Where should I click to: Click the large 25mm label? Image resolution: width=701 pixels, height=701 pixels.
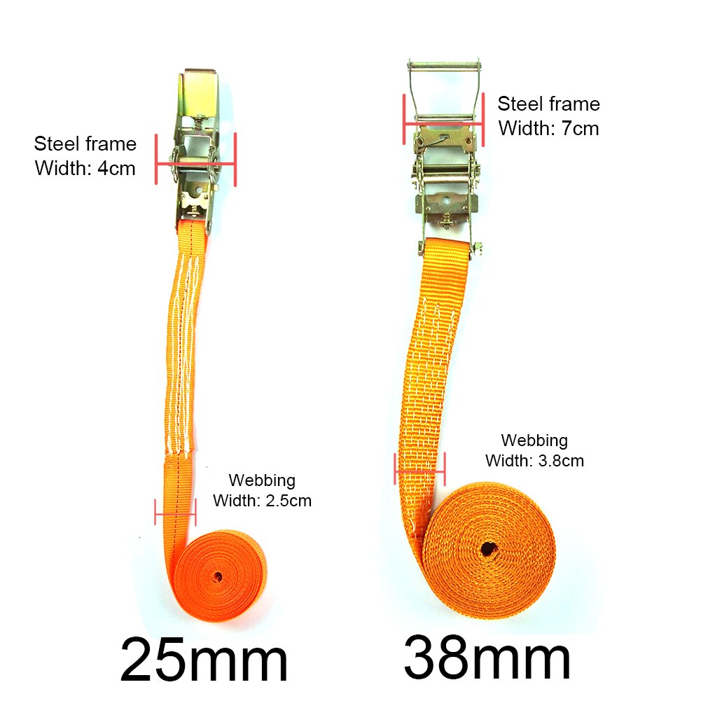[x=204, y=660]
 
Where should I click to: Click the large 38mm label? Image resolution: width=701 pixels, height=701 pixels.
[x=487, y=658]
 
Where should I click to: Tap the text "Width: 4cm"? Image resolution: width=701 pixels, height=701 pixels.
[x=85, y=168]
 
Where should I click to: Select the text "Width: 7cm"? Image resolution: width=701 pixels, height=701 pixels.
[x=548, y=128]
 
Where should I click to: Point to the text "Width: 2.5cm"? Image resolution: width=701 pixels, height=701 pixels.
[x=262, y=501]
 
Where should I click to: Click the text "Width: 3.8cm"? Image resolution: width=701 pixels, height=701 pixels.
[x=534, y=461]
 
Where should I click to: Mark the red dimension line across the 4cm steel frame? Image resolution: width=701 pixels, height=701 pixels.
[x=195, y=165]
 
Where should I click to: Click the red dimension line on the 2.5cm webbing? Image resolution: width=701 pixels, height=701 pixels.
[x=175, y=512]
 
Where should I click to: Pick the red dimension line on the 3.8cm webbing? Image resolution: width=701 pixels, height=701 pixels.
[x=419, y=471]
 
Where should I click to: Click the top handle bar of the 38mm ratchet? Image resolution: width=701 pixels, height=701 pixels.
[x=444, y=65]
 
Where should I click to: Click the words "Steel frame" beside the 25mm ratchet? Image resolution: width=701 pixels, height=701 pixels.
[x=85, y=144]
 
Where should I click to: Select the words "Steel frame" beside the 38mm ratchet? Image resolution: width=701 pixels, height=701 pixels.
[x=548, y=104]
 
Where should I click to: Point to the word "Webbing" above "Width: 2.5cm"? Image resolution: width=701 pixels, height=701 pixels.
[x=262, y=481]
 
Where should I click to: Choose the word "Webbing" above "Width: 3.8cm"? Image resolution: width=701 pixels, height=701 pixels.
[x=534, y=441]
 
